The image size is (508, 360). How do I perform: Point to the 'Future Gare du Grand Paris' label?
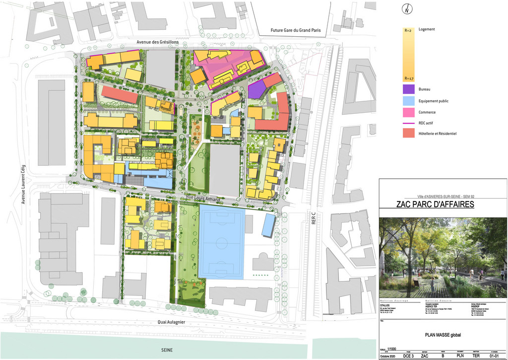click(x=296, y=30)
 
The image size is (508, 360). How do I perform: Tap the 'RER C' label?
click(x=314, y=218)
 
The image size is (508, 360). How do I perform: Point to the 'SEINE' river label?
click(x=166, y=350)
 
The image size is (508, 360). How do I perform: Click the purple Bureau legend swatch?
click(x=408, y=89)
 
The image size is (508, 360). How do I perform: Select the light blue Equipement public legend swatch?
click(x=408, y=101)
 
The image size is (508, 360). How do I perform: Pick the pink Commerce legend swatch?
click(x=408, y=112)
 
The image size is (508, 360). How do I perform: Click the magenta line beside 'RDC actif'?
click(x=408, y=123)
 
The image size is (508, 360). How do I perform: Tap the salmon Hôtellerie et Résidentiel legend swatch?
click(x=408, y=134)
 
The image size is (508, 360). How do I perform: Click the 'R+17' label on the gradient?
click(x=409, y=78)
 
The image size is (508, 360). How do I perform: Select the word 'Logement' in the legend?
click(x=427, y=29)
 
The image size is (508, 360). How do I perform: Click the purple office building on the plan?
click(x=256, y=89)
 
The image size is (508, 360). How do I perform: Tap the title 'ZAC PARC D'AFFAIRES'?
click(x=436, y=205)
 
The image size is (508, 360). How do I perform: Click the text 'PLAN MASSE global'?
click(x=443, y=335)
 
